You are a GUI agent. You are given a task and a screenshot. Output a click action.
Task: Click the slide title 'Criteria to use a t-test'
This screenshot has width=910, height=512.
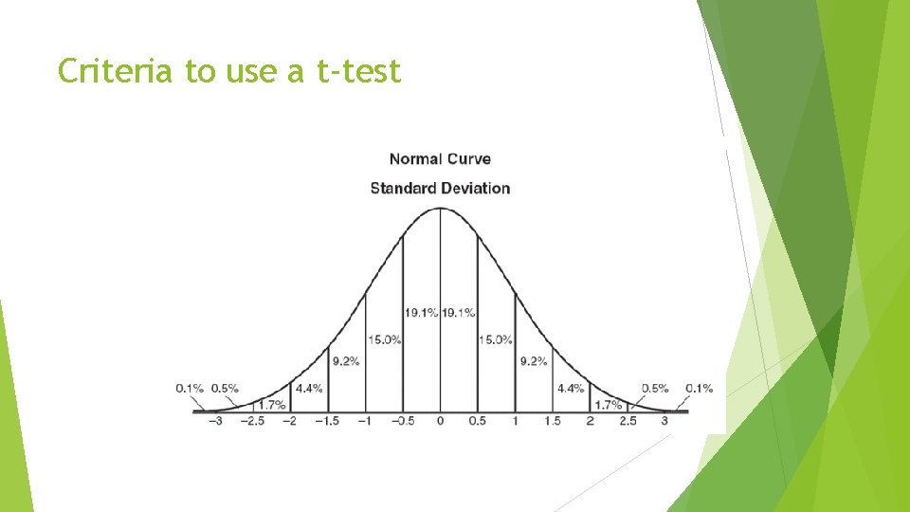tap(229, 70)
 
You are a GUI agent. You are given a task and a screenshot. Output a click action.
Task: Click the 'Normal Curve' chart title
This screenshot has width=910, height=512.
tap(440, 159)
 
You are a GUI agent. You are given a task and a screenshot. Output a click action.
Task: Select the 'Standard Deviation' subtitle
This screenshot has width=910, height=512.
tap(440, 188)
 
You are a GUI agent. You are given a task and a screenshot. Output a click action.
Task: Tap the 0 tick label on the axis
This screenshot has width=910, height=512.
tap(441, 420)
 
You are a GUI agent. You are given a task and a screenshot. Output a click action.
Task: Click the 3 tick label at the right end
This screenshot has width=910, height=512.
tap(664, 420)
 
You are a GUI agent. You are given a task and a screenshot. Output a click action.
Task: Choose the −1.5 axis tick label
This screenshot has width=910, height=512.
tap(327, 420)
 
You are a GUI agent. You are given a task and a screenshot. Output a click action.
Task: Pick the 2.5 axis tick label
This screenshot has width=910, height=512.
tap(628, 420)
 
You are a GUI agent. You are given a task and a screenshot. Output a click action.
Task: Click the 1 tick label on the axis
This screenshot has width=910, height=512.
tap(515, 420)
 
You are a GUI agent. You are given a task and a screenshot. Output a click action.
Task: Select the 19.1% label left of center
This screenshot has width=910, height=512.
tap(421, 312)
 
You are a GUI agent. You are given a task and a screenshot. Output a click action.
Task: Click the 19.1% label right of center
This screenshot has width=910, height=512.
tap(459, 312)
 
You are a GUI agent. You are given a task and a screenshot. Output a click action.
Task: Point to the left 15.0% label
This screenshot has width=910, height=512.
tap(385, 339)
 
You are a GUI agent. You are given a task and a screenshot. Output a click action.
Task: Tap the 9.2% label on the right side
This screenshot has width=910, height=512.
tap(534, 361)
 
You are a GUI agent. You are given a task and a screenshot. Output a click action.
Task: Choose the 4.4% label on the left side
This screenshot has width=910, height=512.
tap(309, 388)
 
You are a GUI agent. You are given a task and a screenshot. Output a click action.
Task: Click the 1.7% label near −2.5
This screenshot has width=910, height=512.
tap(272, 405)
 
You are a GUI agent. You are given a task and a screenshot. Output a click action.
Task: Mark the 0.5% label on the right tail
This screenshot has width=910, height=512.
tap(655, 388)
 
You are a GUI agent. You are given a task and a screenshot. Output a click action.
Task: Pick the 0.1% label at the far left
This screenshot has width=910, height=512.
tap(190, 388)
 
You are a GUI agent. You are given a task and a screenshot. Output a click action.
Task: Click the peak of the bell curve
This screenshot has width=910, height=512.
tap(440, 208)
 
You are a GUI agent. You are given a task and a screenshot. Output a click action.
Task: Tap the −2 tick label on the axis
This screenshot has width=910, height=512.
tap(289, 420)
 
